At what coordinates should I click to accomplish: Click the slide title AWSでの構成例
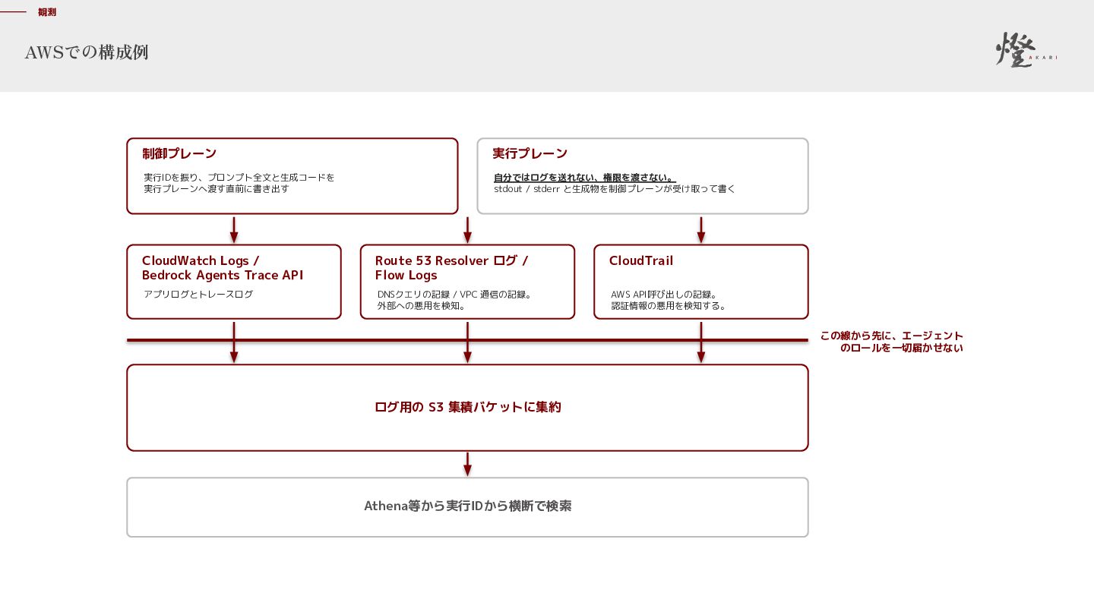pos(87,52)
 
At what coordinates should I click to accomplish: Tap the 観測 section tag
pos(47,12)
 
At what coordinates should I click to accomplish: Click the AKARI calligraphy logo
pos(1026,49)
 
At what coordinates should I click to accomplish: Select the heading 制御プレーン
pos(179,153)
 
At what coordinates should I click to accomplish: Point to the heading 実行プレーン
pos(530,153)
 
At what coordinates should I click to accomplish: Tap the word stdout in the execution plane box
pos(508,189)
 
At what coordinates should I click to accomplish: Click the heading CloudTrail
pos(640,260)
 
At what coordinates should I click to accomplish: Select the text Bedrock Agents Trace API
pos(222,276)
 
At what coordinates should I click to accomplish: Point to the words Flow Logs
pos(406,276)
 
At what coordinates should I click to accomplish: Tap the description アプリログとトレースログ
pos(198,295)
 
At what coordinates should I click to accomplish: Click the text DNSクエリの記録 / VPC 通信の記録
pos(454,295)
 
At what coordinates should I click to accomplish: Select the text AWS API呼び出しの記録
pos(664,295)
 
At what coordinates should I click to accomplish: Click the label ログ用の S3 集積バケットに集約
pos(467,407)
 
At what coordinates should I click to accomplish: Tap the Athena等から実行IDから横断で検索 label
pos(467,506)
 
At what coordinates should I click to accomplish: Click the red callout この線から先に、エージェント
pos(891,336)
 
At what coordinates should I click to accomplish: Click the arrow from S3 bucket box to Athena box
pos(467,464)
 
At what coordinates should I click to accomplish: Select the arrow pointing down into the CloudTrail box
pos(700,230)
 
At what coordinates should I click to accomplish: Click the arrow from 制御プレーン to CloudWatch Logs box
pos(234,230)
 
